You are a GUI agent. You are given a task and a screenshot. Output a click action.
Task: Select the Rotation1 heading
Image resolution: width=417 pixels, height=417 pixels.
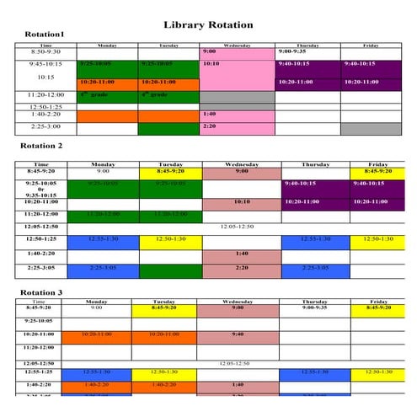click(x=44, y=35)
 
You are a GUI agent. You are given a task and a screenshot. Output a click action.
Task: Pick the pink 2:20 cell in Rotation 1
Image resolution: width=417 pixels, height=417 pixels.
click(x=237, y=128)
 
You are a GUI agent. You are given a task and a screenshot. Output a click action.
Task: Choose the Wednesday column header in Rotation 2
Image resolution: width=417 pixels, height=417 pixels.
click(x=241, y=164)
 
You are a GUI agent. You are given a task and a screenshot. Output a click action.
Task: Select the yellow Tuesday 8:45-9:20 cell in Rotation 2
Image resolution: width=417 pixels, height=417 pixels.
click(x=171, y=172)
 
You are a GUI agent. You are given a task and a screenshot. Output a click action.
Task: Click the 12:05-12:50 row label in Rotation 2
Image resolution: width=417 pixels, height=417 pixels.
click(x=41, y=227)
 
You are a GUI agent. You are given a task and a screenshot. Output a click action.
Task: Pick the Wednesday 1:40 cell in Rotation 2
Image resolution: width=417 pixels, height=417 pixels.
click(x=241, y=254)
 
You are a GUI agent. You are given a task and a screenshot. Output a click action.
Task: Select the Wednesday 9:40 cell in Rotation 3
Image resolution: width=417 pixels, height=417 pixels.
click(x=238, y=334)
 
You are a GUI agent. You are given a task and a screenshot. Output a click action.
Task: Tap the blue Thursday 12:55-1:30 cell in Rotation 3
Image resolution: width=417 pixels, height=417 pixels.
click(x=314, y=372)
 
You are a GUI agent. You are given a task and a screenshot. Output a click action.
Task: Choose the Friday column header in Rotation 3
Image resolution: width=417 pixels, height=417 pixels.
click(x=378, y=302)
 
